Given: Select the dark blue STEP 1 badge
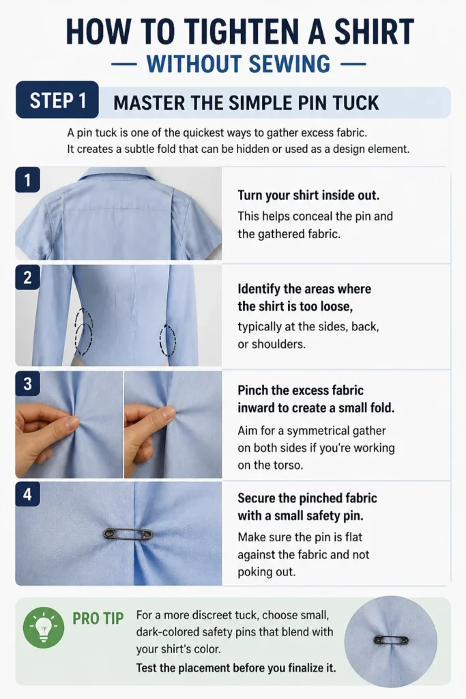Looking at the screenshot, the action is [x=57, y=100].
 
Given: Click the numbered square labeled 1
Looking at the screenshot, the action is [x=27, y=180].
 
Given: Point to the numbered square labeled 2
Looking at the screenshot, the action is [x=27, y=277].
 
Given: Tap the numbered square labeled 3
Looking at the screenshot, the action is [x=27, y=384].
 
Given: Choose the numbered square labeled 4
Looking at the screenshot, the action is [x=27, y=494].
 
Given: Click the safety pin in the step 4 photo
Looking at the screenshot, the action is [x=128, y=533].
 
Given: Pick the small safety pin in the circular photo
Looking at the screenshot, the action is [x=391, y=640].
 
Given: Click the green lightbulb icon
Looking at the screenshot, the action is [x=44, y=627].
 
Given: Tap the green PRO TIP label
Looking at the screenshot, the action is [x=98, y=618].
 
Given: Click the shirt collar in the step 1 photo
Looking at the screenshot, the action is [x=119, y=175].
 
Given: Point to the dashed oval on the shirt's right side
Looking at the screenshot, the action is [x=168, y=340].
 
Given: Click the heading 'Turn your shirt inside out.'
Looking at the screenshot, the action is [x=308, y=195].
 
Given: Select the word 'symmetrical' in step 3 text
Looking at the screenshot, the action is [x=317, y=431].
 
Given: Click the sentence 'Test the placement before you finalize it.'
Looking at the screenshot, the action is [x=235, y=668].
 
